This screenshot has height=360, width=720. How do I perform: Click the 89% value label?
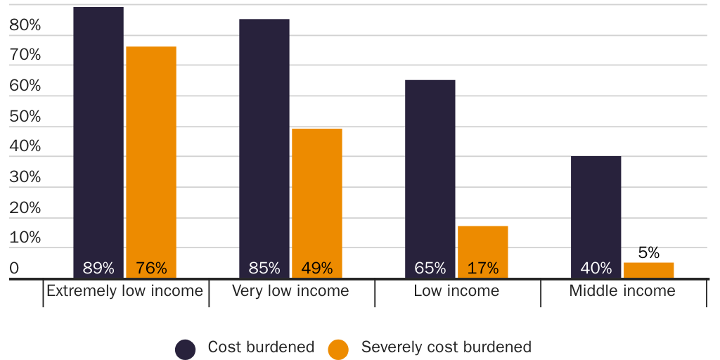(98, 268)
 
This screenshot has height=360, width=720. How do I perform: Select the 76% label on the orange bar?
(151, 268)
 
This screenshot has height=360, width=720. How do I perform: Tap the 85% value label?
(264, 268)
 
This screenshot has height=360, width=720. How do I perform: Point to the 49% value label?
(317, 268)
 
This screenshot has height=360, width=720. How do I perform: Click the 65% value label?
(430, 268)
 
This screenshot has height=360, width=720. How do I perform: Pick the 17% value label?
(483, 268)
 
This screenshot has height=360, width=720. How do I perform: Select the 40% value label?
(596, 268)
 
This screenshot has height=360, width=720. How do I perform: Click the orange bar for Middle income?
(649, 271)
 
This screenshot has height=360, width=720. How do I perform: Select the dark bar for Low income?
(430, 176)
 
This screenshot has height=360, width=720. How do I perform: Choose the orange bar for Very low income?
(317, 197)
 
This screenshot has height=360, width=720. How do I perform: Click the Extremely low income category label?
(124, 291)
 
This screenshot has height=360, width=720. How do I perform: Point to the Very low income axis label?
(290, 291)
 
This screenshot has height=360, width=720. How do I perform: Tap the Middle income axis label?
(622, 291)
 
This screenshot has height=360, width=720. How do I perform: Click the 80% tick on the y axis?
(25, 25)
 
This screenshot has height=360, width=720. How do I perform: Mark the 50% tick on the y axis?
(25, 117)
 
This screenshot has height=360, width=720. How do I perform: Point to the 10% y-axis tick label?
(25, 238)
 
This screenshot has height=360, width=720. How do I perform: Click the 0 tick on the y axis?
(14, 269)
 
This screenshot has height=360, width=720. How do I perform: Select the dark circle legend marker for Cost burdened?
(186, 349)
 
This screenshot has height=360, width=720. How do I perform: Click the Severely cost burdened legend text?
(446, 347)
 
